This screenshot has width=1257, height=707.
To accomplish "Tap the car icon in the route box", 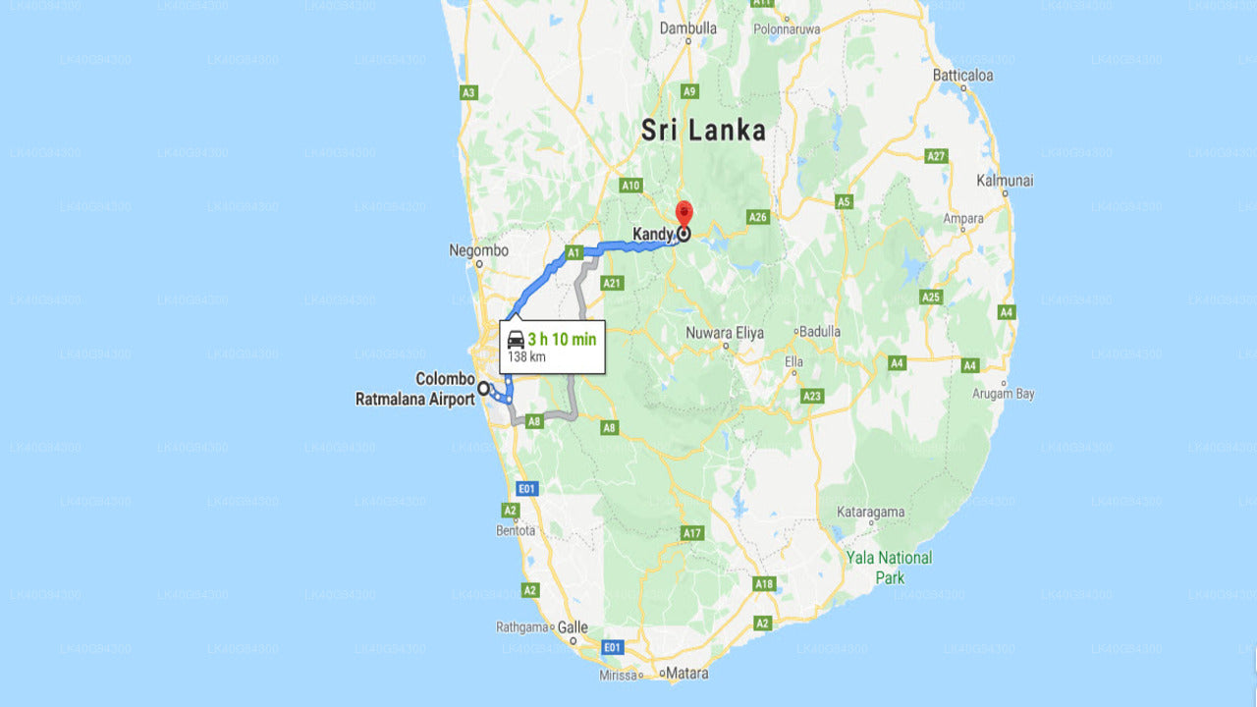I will tap(516, 340).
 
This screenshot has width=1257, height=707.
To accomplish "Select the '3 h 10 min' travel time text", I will tap(562, 340).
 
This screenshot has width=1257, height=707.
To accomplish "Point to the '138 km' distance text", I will tap(525, 357).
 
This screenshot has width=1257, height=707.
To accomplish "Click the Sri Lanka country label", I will tap(702, 130).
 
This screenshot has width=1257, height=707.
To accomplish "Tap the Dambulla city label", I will tap(687, 28).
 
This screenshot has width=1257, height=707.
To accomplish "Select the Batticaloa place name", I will tap(962, 75).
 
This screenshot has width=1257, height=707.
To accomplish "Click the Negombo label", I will tap(478, 250).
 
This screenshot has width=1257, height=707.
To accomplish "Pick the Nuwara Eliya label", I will tap(725, 333).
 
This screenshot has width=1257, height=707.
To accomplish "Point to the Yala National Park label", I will tap(890, 568).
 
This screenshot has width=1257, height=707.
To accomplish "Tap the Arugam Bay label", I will tap(1004, 394).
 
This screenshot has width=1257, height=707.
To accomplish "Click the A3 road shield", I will tap(468, 93).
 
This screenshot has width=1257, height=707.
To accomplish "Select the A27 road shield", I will tap(937, 156).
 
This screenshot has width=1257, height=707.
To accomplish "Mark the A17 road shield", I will tap(692, 533).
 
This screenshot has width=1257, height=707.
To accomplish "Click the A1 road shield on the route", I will tap(574, 252).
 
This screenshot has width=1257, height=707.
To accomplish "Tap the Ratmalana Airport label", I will tap(414, 400).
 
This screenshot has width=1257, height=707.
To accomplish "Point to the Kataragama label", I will tap(870, 513).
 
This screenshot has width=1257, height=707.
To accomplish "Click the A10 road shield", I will tap(630, 185).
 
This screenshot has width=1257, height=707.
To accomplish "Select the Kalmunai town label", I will tap(1004, 181).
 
